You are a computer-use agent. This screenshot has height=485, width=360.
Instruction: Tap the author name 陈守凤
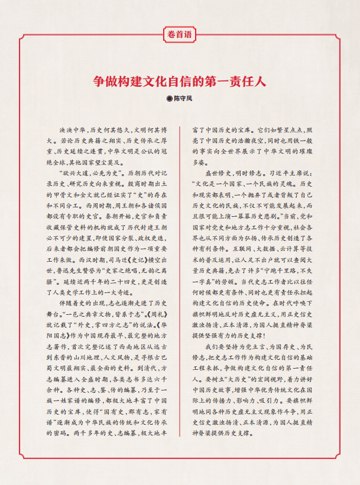click(x=183, y=97)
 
